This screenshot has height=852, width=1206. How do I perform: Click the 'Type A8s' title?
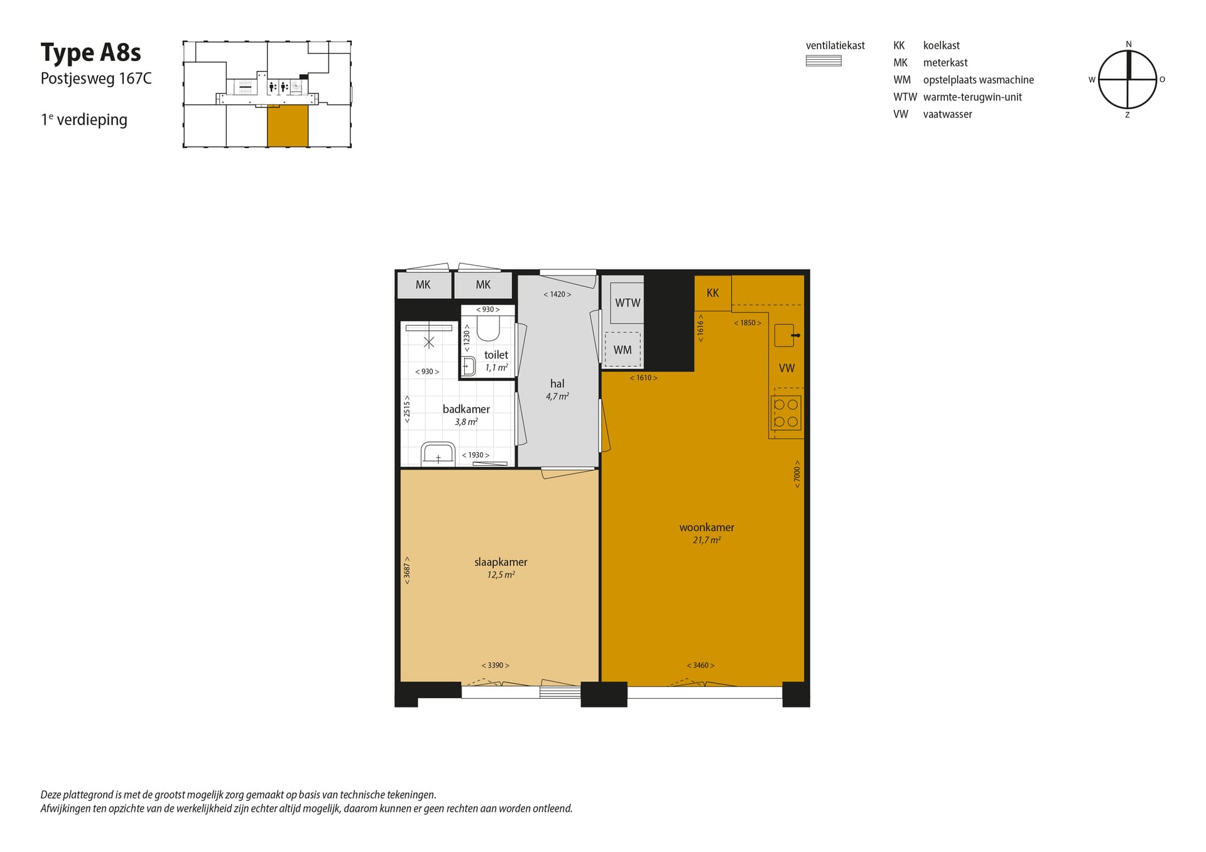(91, 53)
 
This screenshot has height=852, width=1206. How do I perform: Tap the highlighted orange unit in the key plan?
(288, 126)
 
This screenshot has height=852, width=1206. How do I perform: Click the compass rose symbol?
(1127, 80)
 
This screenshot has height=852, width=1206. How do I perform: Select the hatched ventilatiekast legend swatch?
(823, 61)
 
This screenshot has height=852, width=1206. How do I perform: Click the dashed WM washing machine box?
(622, 350)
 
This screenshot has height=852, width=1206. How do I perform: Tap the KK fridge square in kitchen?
(713, 293)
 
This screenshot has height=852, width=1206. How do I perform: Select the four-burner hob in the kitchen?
(786, 413)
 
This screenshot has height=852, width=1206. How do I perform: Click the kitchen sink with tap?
(786, 335)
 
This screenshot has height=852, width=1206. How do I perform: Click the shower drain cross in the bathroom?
(429, 342)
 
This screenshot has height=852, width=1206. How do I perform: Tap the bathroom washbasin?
(438, 454)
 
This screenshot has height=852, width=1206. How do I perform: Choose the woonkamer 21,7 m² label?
(707, 533)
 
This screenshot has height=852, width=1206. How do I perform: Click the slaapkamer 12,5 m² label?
(501, 568)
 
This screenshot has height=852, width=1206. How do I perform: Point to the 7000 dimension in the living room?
(797, 474)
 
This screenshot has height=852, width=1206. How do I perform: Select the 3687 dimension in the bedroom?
(407, 571)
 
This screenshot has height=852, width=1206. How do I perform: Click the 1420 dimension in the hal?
(557, 294)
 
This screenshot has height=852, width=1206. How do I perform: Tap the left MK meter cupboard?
(424, 285)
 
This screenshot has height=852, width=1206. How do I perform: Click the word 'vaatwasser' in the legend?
(948, 114)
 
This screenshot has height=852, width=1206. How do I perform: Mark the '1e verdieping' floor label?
(84, 119)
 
